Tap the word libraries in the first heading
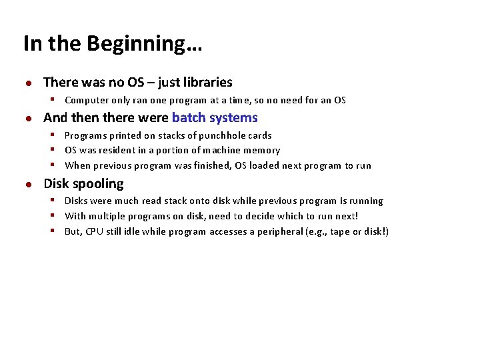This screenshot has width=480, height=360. [x=207, y=83]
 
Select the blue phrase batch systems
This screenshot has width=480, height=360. [x=215, y=118]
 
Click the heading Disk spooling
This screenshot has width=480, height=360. [x=83, y=184]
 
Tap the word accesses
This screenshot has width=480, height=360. [x=229, y=232]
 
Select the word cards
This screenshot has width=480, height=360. [x=260, y=135]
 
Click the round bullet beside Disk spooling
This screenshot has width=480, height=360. [x=29, y=185]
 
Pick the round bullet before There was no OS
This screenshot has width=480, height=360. [x=29, y=83]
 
